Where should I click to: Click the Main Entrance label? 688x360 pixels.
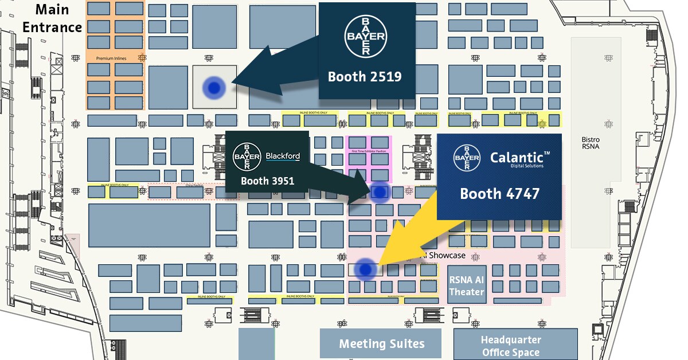[x=52, y=18]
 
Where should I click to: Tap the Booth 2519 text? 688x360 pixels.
[x=364, y=76]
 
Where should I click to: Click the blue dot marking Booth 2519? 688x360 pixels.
[x=214, y=88]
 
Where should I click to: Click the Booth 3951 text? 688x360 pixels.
[x=267, y=181]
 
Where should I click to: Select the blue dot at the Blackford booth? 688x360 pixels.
[x=379, y=192]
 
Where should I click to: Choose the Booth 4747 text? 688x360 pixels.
[x=499, y=194]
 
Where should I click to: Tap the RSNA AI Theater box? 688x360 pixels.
[x=467, y=284]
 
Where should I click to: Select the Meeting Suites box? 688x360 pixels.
[x=381, y=344]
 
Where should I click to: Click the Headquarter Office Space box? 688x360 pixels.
[x=510, y=346]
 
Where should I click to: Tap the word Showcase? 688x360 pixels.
[x=447, y=255]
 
